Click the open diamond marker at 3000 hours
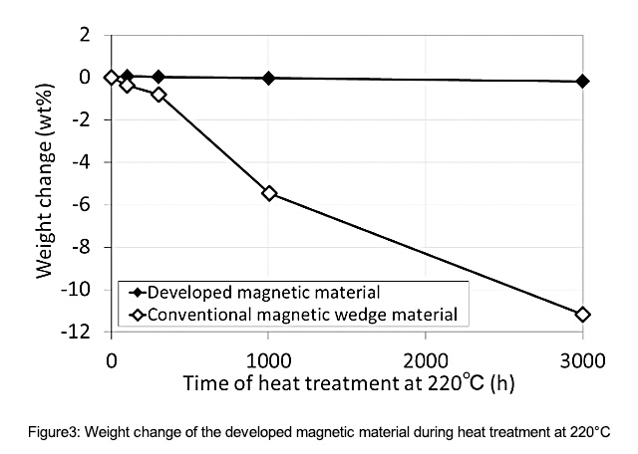pos(583,314)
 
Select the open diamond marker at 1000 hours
pos(268,192)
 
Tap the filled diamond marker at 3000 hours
pos(583,81)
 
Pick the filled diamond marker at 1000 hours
pos(268,78)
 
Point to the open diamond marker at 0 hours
pos(112,77)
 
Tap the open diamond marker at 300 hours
pos(159,94)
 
